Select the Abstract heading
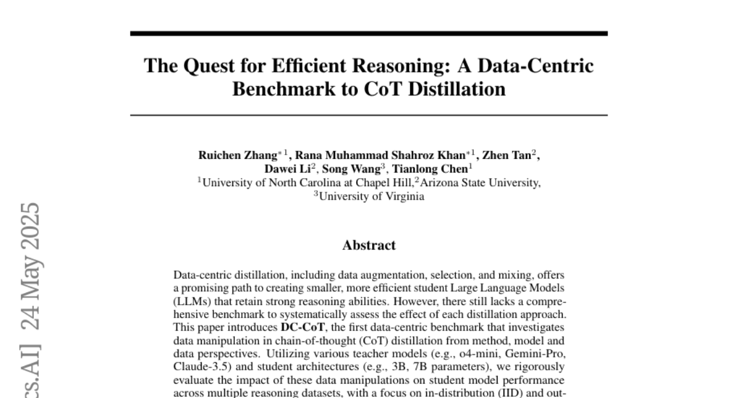point(369,246)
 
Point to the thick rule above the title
point(369,33)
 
